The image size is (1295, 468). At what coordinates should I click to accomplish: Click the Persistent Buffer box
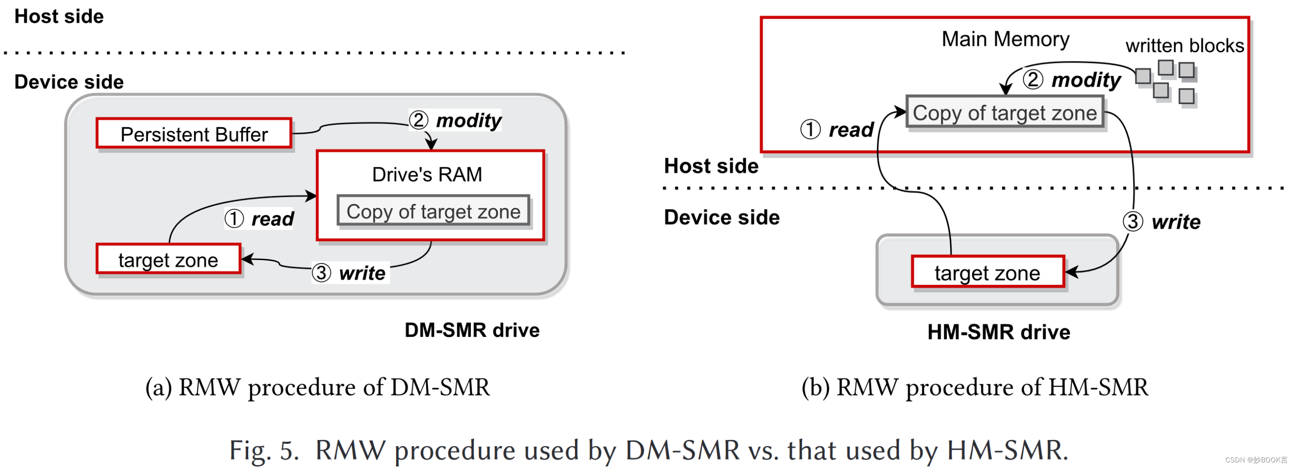[194, 134]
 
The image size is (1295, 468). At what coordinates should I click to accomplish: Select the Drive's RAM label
[427, 175]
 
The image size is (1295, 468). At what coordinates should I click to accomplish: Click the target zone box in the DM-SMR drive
[168, 260]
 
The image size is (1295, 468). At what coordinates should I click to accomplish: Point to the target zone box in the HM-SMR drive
[987, 273]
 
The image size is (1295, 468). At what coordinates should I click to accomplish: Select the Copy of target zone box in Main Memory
[1004, 112]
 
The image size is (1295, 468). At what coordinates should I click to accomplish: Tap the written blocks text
[1184, 46]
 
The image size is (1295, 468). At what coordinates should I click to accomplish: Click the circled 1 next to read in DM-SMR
[234, 219]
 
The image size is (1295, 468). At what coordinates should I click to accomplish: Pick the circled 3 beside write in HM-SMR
[1133, 221]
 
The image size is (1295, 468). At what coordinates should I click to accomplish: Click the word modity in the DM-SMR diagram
[468, 121]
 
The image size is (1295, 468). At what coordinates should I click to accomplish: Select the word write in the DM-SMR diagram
[362, 273]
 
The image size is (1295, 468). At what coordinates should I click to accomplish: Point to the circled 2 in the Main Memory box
[1033, 79]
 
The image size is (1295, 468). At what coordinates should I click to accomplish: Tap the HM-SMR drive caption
[998, 332]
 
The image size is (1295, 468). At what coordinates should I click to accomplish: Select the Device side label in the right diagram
[721, 217]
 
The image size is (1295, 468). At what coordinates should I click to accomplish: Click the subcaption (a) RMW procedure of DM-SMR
[317, 387]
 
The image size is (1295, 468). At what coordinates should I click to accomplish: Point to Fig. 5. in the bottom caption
[264, 450]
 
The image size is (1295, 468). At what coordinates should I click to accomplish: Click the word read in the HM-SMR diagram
[851, 130]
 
